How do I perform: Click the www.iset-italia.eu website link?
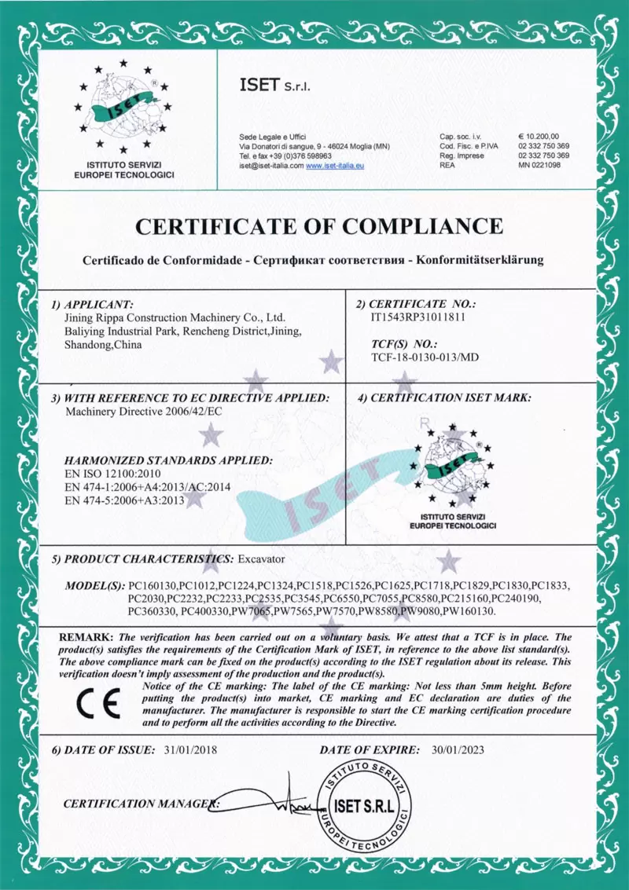[x=334, y=166]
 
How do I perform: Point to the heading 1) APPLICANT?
[x=93, y=303]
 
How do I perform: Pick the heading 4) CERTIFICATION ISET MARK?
[x=444, y=397]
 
